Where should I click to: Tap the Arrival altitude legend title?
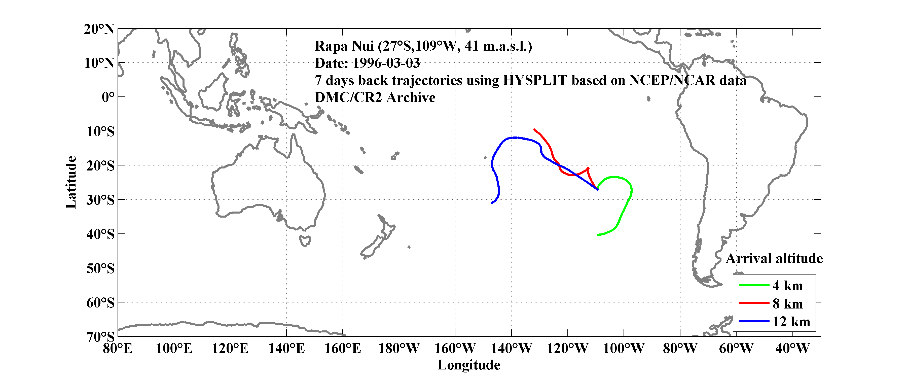774,259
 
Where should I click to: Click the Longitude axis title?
469,365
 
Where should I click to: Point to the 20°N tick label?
99,29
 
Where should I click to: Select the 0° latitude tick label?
108,97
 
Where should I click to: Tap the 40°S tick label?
100,234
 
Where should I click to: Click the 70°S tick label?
100,337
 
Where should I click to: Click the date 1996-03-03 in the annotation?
386,63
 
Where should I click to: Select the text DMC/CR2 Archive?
375,97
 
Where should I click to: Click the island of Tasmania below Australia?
305,241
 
